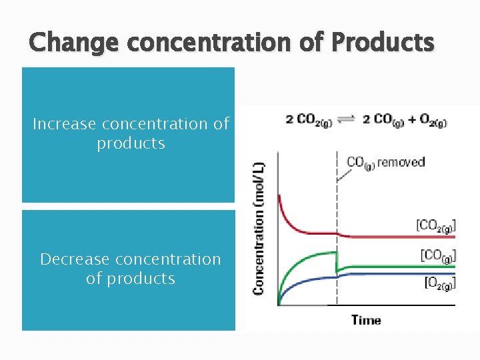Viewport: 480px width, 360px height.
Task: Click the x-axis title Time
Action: pos(366,320)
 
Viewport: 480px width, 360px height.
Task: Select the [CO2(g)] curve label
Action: pos(436,225)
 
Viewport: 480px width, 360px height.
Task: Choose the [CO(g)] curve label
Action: pos(438,255)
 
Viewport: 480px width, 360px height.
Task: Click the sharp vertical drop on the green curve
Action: pos(337,261)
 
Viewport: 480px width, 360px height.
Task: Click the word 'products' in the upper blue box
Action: pos(131,143)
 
